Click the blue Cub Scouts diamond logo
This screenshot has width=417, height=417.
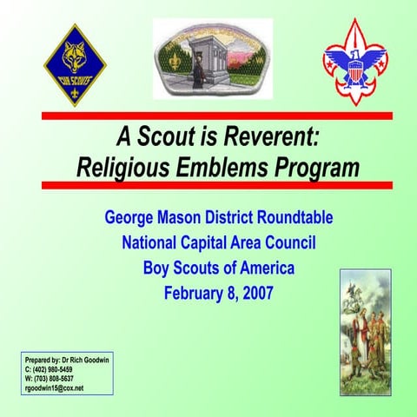point(75,66)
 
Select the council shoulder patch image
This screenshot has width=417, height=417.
point(212,59)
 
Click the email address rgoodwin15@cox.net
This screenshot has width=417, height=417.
point(55,388)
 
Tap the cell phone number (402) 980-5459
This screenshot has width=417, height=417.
point(60,369)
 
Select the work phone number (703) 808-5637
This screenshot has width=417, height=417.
point(62,379)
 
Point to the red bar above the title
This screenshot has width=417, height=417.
point(217,116)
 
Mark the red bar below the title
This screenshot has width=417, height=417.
point(217,184)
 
